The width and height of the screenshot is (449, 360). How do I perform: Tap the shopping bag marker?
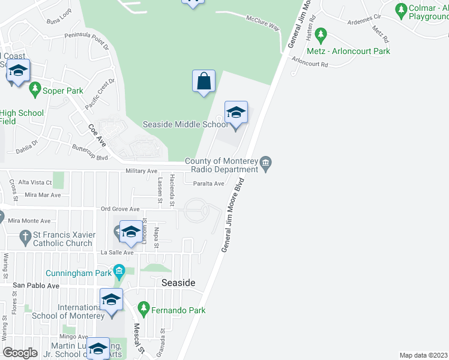click(203, 80)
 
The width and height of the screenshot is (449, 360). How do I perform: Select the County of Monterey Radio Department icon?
click(267, 163)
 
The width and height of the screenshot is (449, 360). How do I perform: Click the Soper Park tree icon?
click(34, 90)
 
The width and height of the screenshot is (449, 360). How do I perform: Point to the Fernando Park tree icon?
click(143, 310)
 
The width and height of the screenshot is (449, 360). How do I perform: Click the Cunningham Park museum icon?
click(119, 273)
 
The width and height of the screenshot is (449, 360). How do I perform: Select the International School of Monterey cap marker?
click(111, 300)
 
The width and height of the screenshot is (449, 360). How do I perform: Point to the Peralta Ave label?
click(208, 184)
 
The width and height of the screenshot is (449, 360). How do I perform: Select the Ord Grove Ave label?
click(120, 209)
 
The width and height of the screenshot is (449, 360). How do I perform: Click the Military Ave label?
click(141, 171)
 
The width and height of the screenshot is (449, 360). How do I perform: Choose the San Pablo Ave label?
click(37, 286)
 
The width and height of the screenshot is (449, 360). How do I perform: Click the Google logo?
click(20, 353)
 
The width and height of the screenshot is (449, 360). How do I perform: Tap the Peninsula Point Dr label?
click(87, 41)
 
